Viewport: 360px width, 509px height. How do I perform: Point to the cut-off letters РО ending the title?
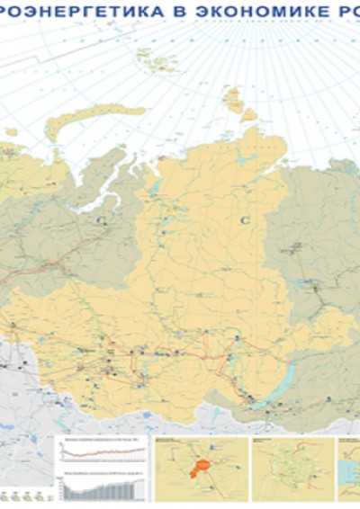[345, 11]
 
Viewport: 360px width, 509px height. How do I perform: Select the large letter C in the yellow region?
[244, 219]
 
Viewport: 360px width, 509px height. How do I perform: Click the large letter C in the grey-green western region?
[102, 218]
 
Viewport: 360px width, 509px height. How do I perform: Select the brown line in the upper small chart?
[101, 449]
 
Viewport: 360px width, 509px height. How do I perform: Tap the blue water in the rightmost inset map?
[346, 468]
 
